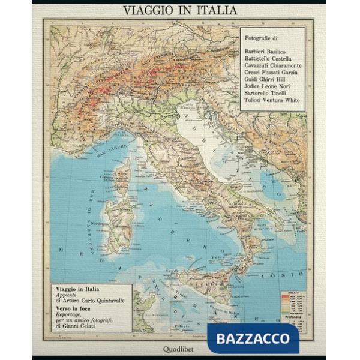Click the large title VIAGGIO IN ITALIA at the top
coord(179,10)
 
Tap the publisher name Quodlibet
coord(179,348)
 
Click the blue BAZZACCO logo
coord(252,338)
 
